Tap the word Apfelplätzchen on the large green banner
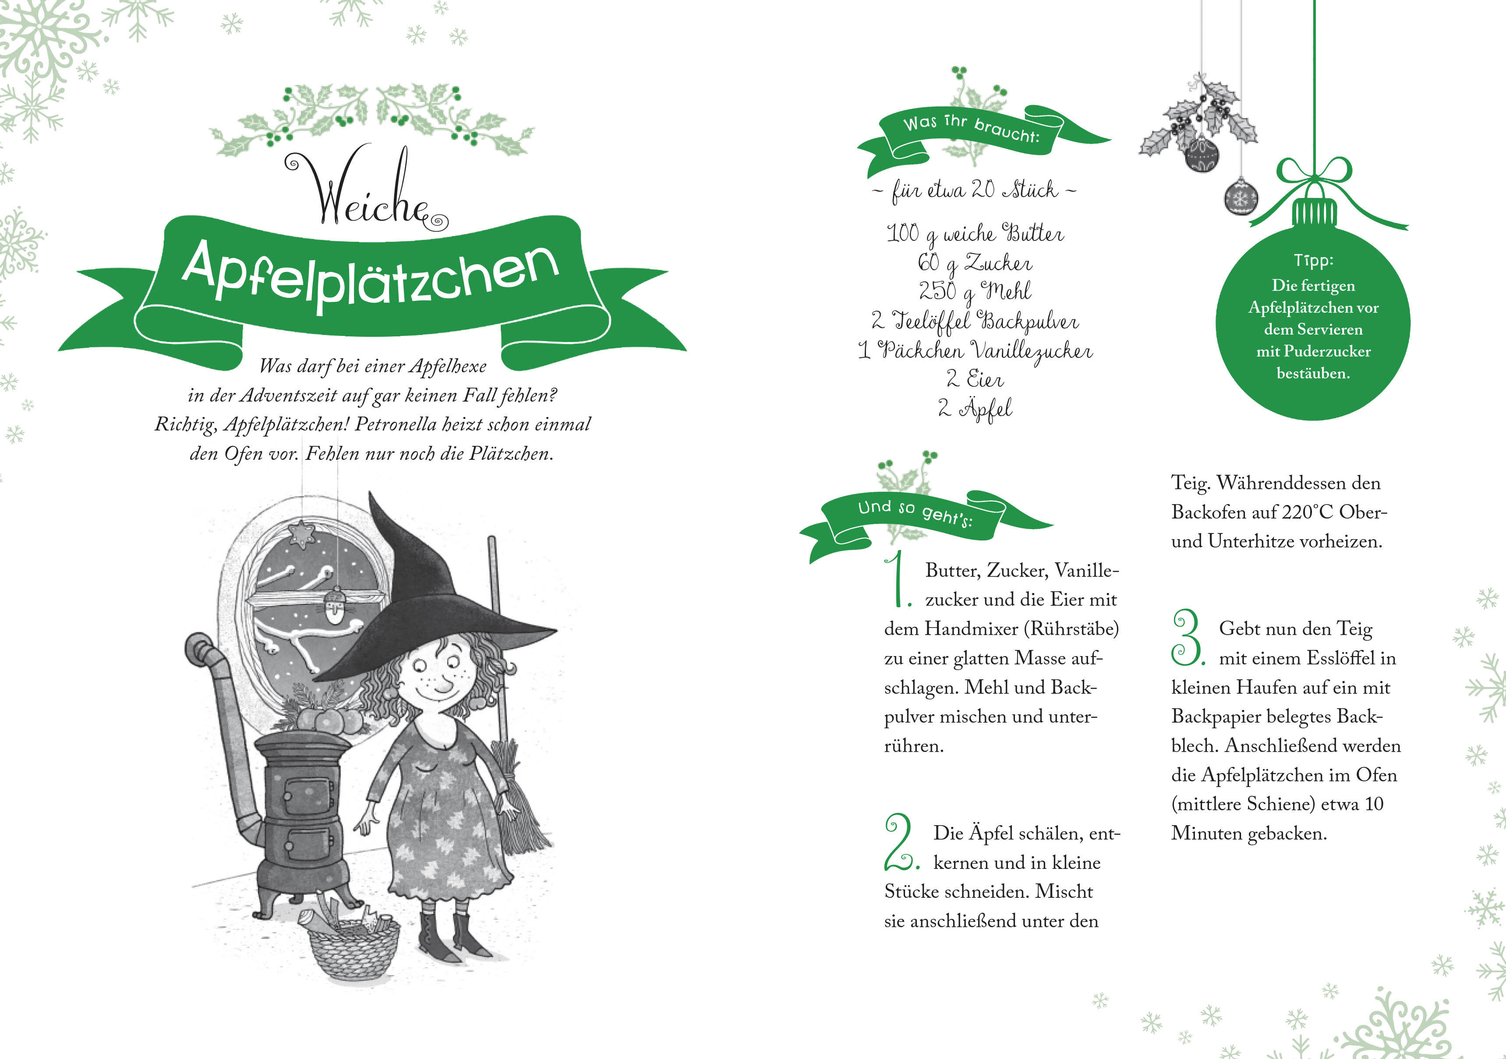(371, 275)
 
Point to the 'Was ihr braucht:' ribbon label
(971, 129)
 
